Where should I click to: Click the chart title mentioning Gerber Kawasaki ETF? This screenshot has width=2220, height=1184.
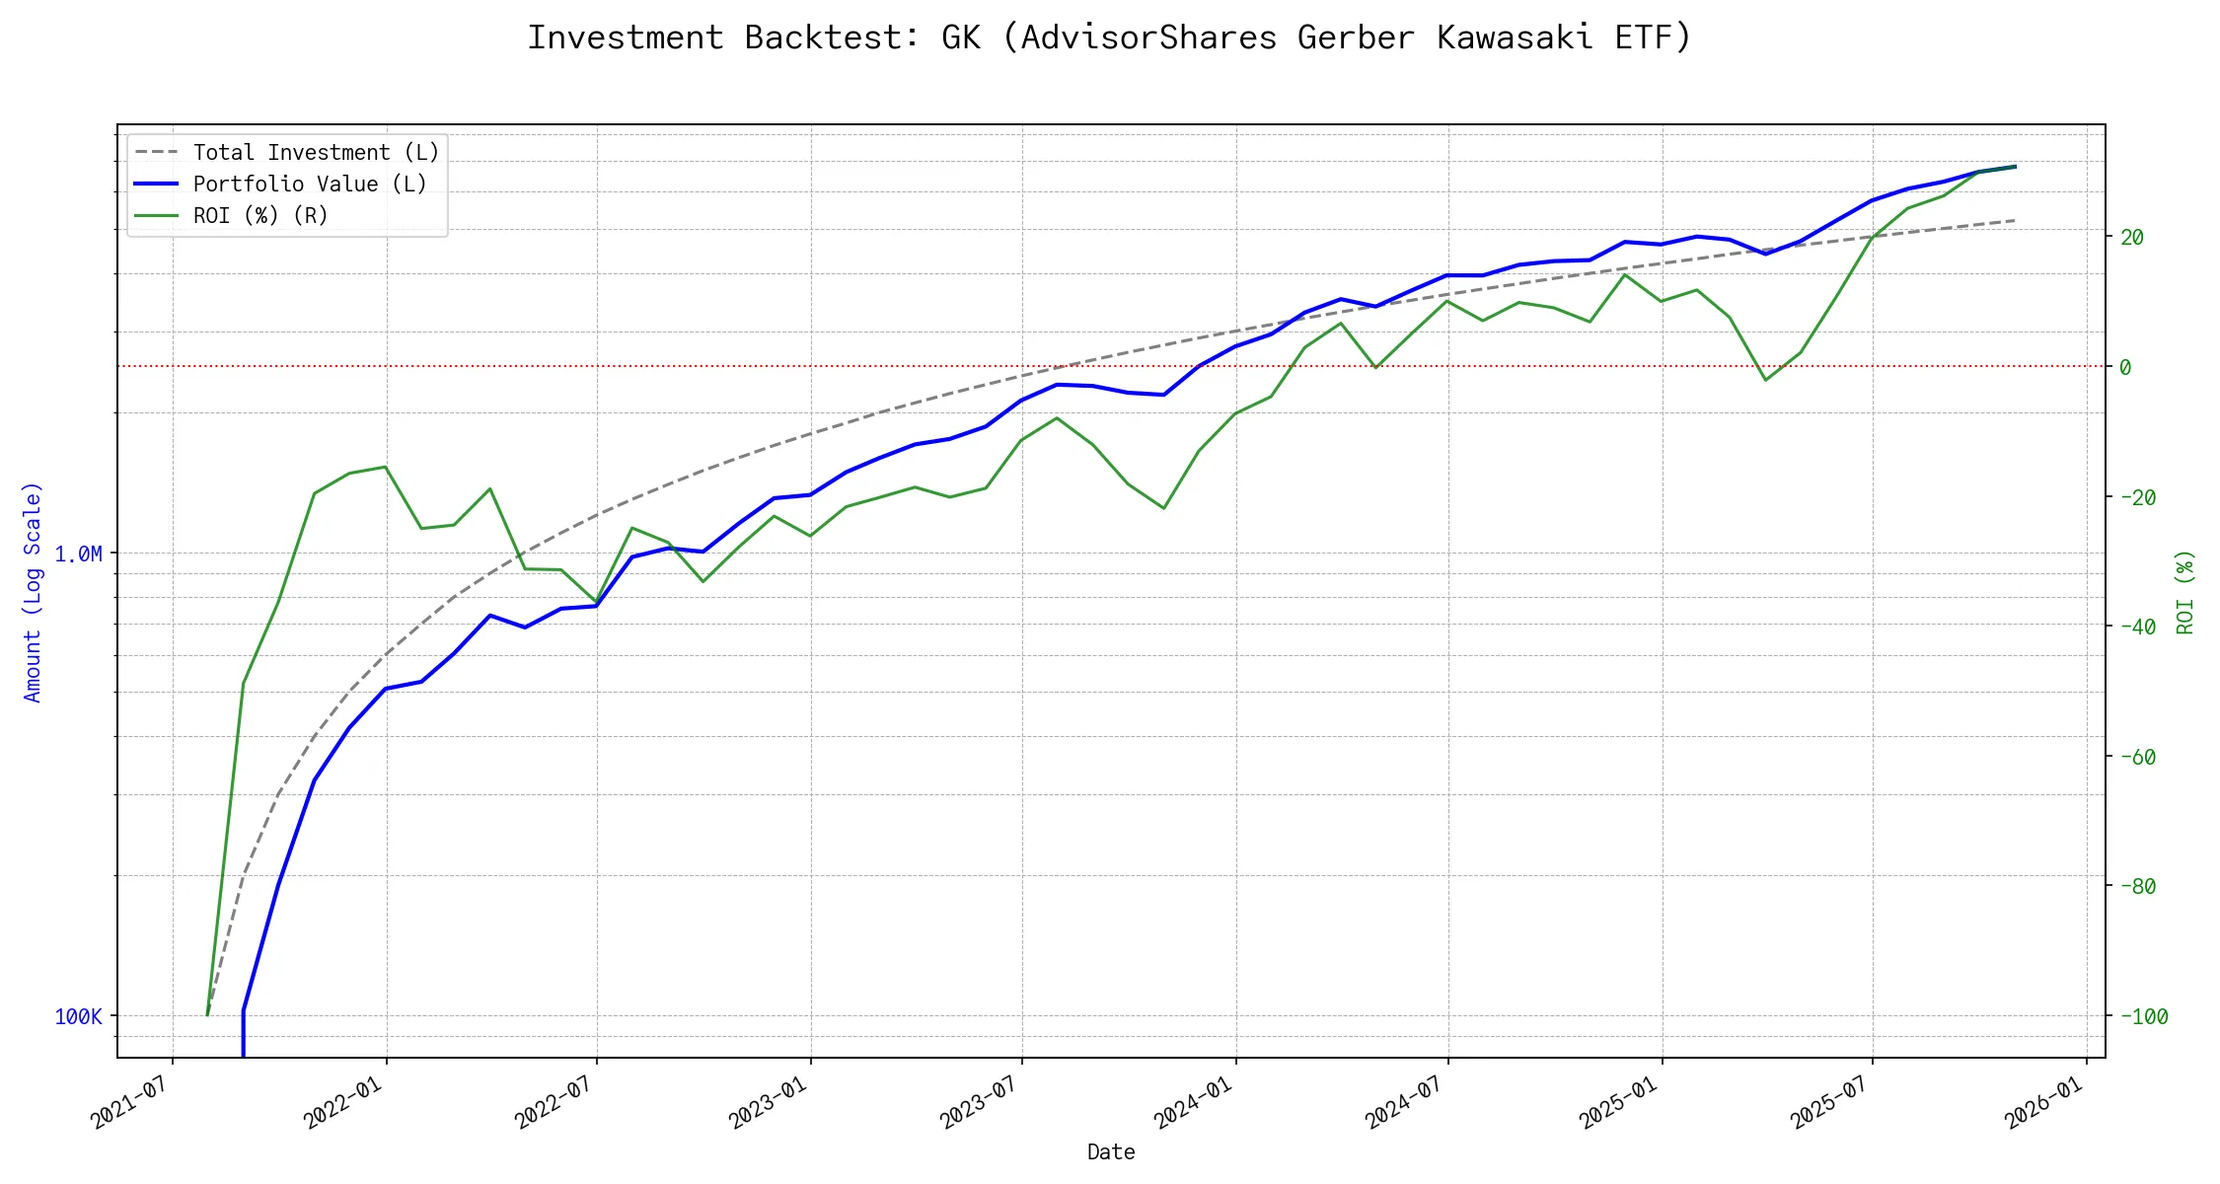click(x=1109, y=37)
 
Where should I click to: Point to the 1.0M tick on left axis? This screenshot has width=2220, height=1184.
click(x=78, y=555)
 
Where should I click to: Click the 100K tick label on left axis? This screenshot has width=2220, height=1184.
click(x=78, y=1017)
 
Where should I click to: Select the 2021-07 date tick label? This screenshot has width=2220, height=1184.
click(x=131, y=1102)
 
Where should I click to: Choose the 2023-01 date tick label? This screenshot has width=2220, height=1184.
click(x=769, y=1102)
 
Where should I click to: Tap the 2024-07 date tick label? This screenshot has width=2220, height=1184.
click(x=1405, y=1102)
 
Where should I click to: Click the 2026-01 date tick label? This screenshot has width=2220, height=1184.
click(x=2044, y=1102)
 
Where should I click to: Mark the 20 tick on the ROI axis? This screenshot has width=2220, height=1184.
click(x=2132, y=238)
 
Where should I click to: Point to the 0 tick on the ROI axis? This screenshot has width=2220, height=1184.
click(x=2125, y=367)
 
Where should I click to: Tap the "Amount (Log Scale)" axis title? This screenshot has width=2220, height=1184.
click(x=34, y=592)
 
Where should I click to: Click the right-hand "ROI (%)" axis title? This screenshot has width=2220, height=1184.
click(x=2184, y=592)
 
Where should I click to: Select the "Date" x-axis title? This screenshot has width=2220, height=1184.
click(x=1111, y=1152)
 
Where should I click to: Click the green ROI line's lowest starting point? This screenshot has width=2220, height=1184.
click(x=207, y=1014)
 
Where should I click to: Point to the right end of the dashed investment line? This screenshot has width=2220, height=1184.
click(x=2014, y=220)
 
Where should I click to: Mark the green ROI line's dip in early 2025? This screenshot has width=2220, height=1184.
click(x=1765, y=380)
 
